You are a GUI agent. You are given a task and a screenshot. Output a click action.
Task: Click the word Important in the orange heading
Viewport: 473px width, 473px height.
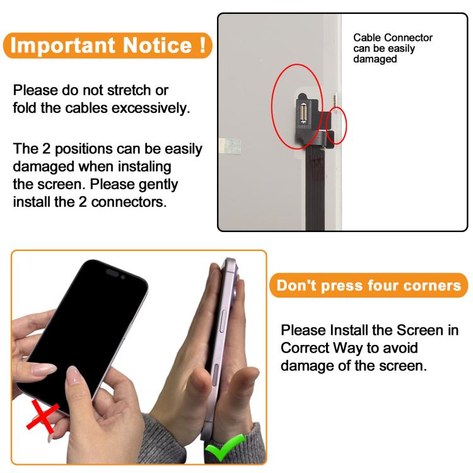tap(62, 45)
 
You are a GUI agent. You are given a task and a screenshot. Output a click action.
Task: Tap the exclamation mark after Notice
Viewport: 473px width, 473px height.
tap(202, 45)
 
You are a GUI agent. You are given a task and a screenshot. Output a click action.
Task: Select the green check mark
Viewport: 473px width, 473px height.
tap(224, 447)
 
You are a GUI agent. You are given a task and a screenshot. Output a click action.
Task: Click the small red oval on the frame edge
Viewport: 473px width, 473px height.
tap(337, 126)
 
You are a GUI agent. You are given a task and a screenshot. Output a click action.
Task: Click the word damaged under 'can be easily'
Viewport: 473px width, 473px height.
tap(375, 59)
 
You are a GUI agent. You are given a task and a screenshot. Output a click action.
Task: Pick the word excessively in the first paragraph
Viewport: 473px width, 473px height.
tap(151, 108)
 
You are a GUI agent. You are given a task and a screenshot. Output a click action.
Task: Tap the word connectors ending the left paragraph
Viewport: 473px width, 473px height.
tap(129, 202)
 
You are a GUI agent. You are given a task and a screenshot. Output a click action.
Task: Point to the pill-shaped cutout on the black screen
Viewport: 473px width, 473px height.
tap(112, 272)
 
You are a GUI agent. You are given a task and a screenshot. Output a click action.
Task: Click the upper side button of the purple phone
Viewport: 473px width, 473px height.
tap(223, 321)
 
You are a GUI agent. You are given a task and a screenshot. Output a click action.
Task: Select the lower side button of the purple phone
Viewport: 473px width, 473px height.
tap(216, 374)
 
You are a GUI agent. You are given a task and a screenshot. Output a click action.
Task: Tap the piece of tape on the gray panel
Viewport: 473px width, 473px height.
tap(230, 146)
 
